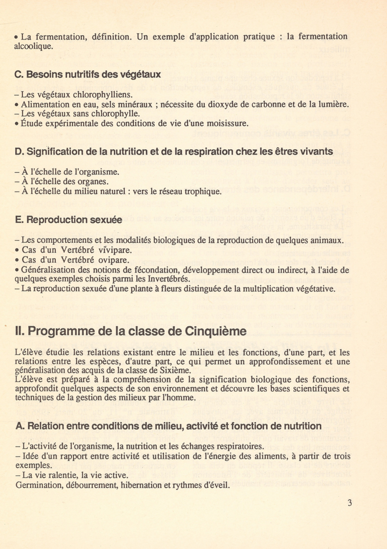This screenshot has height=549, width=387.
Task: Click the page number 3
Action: pos(350,503)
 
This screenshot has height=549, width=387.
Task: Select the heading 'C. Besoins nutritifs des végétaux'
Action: pos(87,74)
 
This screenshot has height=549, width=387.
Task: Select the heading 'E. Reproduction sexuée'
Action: pos(68,220)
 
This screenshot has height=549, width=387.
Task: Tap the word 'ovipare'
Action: pos(114,260)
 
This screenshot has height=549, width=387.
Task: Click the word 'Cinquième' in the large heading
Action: pos(216,331)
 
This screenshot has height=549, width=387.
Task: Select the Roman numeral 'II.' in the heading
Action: pos(20,331)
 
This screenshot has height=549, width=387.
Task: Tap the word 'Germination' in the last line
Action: pos(38,485)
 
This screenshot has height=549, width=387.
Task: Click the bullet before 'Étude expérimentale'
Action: pos(17,124)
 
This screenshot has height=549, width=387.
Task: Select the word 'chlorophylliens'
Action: pos(103,95)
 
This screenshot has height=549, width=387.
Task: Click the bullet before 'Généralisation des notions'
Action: pos(17,270)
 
